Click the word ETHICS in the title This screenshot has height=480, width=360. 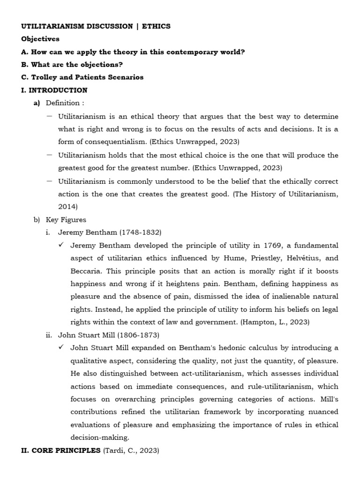pos(156,26)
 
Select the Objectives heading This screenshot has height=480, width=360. pos(40,39)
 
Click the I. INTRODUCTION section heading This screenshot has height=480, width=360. pos(54,90)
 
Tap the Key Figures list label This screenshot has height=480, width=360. pos(66,219)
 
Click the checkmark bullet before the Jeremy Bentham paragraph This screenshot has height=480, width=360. pos(61,245)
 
